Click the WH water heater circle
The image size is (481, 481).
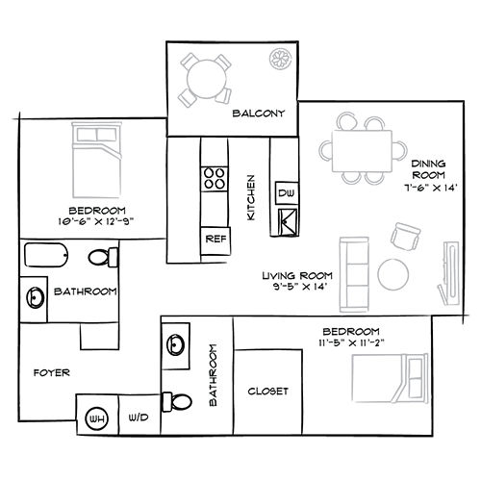97,418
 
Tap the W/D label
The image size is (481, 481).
139,418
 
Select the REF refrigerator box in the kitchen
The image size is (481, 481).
215,240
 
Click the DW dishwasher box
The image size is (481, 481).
287,193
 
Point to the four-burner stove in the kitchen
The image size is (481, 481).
215,179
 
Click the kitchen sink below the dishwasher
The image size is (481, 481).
288,221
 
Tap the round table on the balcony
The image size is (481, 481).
206,79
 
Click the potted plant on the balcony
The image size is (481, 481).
281,59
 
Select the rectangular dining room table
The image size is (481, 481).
363,151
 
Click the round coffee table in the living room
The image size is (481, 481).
393,274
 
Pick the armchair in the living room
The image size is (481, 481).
405,237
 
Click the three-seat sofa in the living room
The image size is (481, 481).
354,274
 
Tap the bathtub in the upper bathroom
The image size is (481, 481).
46,255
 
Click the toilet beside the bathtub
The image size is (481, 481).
103,257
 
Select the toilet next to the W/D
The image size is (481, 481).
177,402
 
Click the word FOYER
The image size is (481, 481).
52,372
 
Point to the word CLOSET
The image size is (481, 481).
267,392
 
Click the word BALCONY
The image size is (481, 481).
259,114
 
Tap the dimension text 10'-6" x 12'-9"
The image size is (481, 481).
96,221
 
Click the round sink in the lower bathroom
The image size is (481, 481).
175,345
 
